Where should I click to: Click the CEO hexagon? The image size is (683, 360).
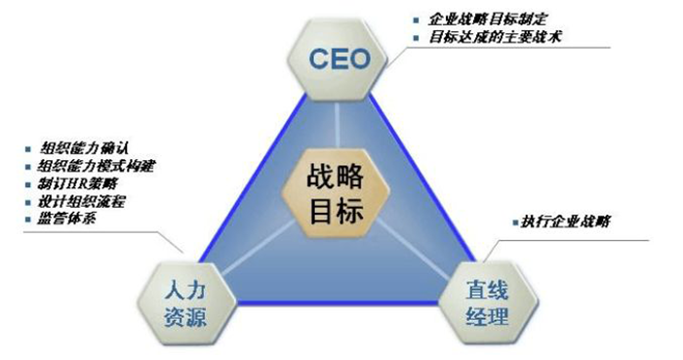[341, 59]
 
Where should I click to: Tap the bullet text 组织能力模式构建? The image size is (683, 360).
[94, 166]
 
